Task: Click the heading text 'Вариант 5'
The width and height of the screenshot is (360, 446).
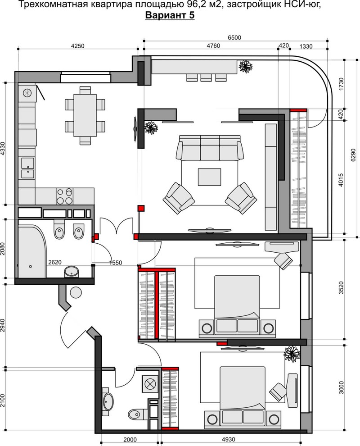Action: click(x=170, y=15)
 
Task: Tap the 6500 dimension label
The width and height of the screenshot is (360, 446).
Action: click(x=234, y=37)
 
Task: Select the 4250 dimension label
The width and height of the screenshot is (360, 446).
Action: click(x=77, y=46)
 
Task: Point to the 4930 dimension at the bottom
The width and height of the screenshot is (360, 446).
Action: click(x=228, y=439)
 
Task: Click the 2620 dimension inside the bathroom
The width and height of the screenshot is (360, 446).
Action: click(x=54, y=262)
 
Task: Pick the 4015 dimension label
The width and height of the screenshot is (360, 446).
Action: click(x=341, y=180)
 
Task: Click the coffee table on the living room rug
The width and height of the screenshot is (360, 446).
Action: click(x=209, y=177)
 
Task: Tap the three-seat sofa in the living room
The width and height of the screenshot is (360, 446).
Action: click(x=210, y=148)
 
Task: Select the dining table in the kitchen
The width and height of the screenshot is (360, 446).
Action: click(x=85, y=115)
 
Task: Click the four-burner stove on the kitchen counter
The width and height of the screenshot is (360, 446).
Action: click(x=64, y=196)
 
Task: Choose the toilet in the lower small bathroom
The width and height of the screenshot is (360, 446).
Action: click(x=137, y=414)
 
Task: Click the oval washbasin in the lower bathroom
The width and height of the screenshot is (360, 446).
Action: click(x=108, y=402)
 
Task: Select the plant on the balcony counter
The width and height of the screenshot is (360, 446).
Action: click(x=246, y=66)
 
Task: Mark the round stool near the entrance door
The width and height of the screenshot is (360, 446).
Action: click(x=76, y=292)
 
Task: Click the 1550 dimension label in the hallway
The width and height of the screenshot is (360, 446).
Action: click(x=116, y=263)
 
